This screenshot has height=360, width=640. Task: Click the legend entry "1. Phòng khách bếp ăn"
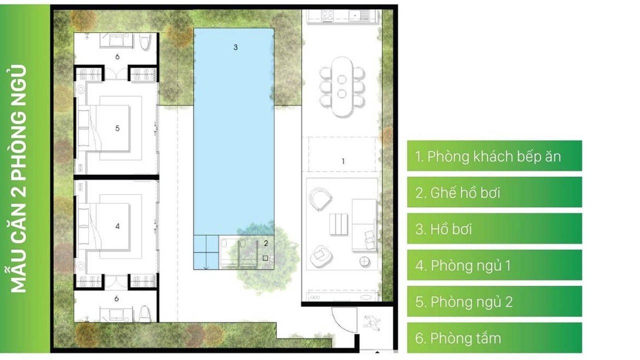pos(488,156)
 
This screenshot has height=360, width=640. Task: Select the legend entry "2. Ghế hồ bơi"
pos(457,192)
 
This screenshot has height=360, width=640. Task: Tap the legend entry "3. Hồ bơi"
pos(443,229)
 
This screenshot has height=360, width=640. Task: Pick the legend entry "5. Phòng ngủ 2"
pos(464,301)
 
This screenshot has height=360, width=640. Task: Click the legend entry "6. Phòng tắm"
pos(458,338)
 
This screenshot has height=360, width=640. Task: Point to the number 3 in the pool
pos(235,47)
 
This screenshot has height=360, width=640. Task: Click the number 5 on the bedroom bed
pos(117,128)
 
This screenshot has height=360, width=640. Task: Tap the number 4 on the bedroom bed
pos(117,226)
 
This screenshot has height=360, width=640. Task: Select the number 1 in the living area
pos(343,161)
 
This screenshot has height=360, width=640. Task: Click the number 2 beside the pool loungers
pos(266,243)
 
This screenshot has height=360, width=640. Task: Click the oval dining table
pos(342,87)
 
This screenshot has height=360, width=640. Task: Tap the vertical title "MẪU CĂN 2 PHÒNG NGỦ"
pos(18,179)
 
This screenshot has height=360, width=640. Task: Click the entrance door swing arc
pos(337,324)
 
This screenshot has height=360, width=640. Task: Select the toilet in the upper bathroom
pos(145,42)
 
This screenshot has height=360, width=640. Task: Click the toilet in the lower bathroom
pos(145,314)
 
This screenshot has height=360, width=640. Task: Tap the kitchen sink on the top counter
pos(355,15)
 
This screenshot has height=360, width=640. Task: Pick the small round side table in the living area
pos(365,261)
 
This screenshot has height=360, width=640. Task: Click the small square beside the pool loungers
pos(265,258)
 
